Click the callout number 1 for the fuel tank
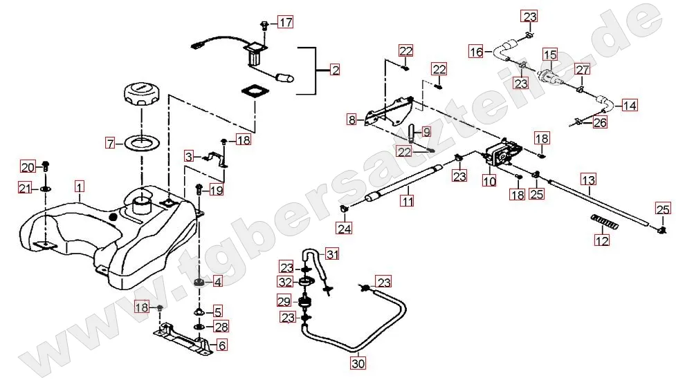80,187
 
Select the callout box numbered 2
335,70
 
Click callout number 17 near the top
285,22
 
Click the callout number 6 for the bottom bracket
221,346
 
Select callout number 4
217,282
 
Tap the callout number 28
219,327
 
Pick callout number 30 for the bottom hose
358,362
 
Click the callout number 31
334,255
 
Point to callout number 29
284,302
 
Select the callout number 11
408,202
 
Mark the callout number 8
351,120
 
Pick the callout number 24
345,227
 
